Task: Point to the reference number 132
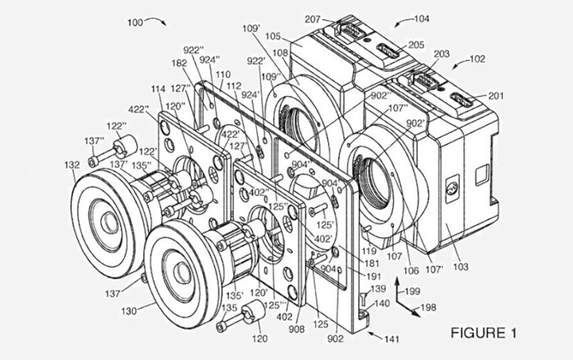click(x=72, y=165)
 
